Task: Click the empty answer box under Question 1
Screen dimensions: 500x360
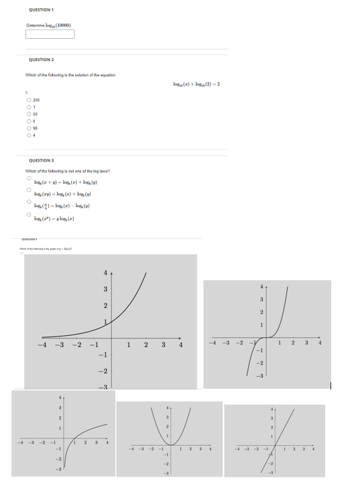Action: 50,34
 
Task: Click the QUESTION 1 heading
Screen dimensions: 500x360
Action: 42,9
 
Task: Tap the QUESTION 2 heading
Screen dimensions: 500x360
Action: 42,60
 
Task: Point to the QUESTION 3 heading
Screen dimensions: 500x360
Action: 42,160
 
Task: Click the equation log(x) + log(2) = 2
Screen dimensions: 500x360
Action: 196,84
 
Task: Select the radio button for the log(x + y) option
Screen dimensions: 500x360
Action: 29,178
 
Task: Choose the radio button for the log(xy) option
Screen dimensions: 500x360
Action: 29,190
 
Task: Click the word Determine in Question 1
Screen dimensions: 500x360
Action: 36,25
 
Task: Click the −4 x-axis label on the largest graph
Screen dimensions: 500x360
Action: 42,345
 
